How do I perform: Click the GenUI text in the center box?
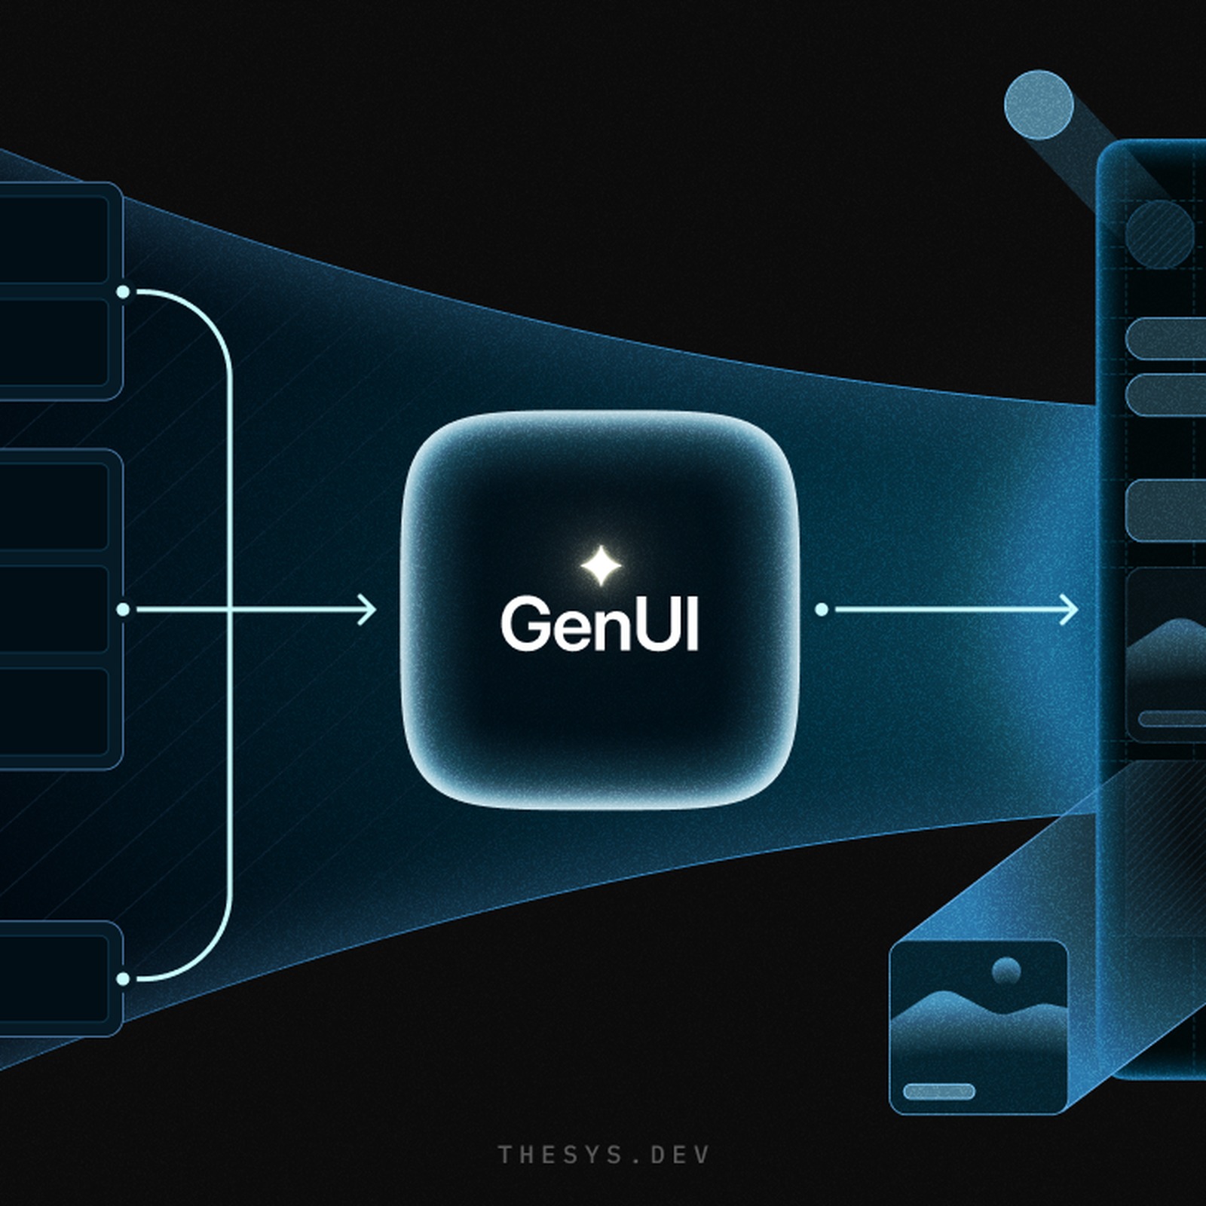click(600, 624)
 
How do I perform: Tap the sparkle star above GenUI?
click(601, 565)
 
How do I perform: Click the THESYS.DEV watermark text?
click(604, 1155)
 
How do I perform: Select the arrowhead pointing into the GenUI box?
click(366, 609)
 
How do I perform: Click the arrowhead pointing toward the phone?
click(1069, 609)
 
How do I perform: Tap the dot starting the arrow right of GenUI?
click(822, 609)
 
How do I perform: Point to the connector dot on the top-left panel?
click(123, 292)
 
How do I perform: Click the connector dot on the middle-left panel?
click(123, 609)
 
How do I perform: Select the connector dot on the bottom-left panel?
click(123, 979)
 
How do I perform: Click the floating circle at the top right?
click(1039, 105)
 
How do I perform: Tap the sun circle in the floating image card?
click(1006, 972)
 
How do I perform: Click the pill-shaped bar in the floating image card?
click(939, 1091)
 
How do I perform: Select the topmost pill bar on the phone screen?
click(1166, 339)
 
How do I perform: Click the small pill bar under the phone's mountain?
click(1172, 718)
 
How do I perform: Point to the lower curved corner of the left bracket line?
click(219, 957)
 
